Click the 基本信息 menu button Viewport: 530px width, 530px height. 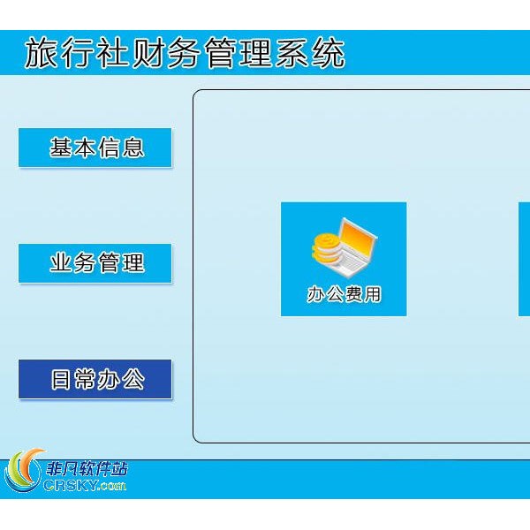click(95, 148)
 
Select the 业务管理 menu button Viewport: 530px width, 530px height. click(95, 263)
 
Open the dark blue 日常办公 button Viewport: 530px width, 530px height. click(95, 379)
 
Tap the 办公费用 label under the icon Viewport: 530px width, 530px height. click(344, 294)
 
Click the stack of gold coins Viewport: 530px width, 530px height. click(326, 249)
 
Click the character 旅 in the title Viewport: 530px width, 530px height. click(42, 53)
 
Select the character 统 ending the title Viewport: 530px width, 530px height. click(329, 53)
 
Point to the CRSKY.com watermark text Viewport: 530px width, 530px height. click(85, 485)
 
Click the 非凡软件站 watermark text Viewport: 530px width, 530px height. click(87, 470)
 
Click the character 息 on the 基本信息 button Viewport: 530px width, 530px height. click(133, 148)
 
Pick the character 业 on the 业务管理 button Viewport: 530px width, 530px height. click(61, 262)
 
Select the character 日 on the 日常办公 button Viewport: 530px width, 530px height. click(61, 379)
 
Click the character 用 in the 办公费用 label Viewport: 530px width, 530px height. click(372, 294)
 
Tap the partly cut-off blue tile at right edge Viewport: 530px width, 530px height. click(524, 259)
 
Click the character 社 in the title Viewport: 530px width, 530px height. click(112, 53)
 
